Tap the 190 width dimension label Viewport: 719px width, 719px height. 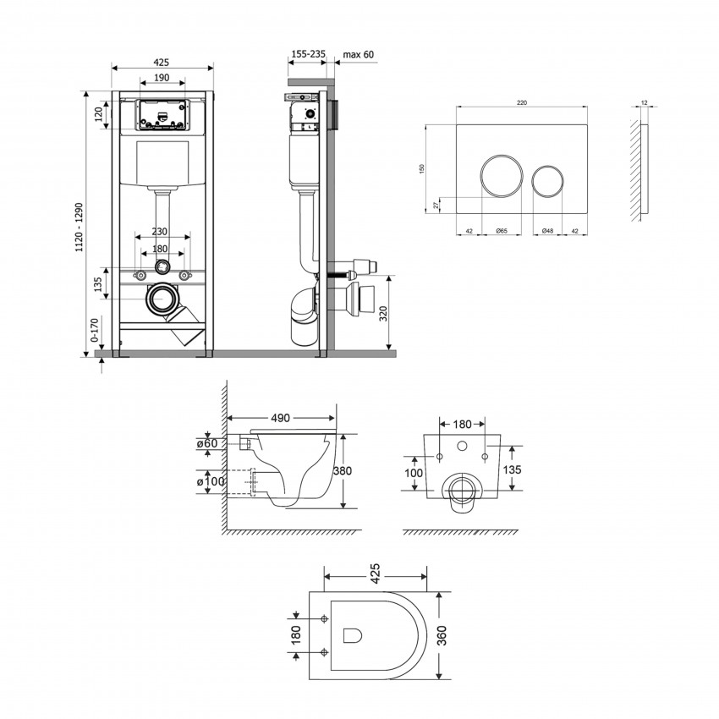(162, 77)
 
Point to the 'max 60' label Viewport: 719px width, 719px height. (358, 54)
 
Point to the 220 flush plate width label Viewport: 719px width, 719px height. (522, 102)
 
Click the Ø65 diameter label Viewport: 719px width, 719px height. (501, 230)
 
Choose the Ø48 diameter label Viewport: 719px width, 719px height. (549, 230)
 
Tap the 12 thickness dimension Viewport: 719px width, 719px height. (645, 102)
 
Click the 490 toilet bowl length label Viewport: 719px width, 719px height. (281, 418)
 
